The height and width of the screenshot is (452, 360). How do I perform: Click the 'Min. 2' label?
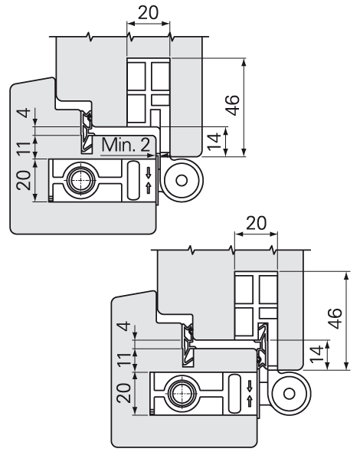(x=126, y=145)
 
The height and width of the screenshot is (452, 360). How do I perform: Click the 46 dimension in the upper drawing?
(x=232, y=105)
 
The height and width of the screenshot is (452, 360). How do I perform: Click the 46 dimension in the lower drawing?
(x=335, y=318)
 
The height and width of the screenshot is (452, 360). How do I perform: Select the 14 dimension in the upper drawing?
(x=214, y=142)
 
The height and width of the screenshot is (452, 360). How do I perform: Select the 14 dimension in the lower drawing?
(x=316, y=354)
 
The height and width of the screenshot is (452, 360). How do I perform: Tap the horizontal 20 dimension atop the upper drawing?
(x=148, y=13)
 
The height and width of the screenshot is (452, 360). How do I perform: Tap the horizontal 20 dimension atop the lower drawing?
(x=257, y=223)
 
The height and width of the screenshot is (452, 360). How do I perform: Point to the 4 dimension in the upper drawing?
(x=25, y=113)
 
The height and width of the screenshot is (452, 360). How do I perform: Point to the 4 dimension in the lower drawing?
(x=125, y=326)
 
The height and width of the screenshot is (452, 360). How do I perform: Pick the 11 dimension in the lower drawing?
(x=124, y=360)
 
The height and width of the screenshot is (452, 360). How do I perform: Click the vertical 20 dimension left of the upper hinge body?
(x=24, y=181)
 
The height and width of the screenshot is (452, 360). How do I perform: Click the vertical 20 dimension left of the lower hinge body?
(x=124, y=393)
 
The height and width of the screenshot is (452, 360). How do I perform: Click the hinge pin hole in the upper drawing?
(x=182, y=181)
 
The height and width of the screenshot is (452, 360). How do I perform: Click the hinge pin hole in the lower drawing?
(x=289, y=394)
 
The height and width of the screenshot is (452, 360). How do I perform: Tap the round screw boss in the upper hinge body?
(x=80, y=180)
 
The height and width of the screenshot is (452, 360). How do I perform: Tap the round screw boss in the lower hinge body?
(x=182, y=392)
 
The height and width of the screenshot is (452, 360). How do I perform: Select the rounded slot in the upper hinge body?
(x=133, y=180)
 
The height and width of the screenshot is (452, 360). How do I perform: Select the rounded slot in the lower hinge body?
(x=234, y=393)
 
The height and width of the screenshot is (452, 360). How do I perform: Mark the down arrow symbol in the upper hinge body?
(x=149, y=172)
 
